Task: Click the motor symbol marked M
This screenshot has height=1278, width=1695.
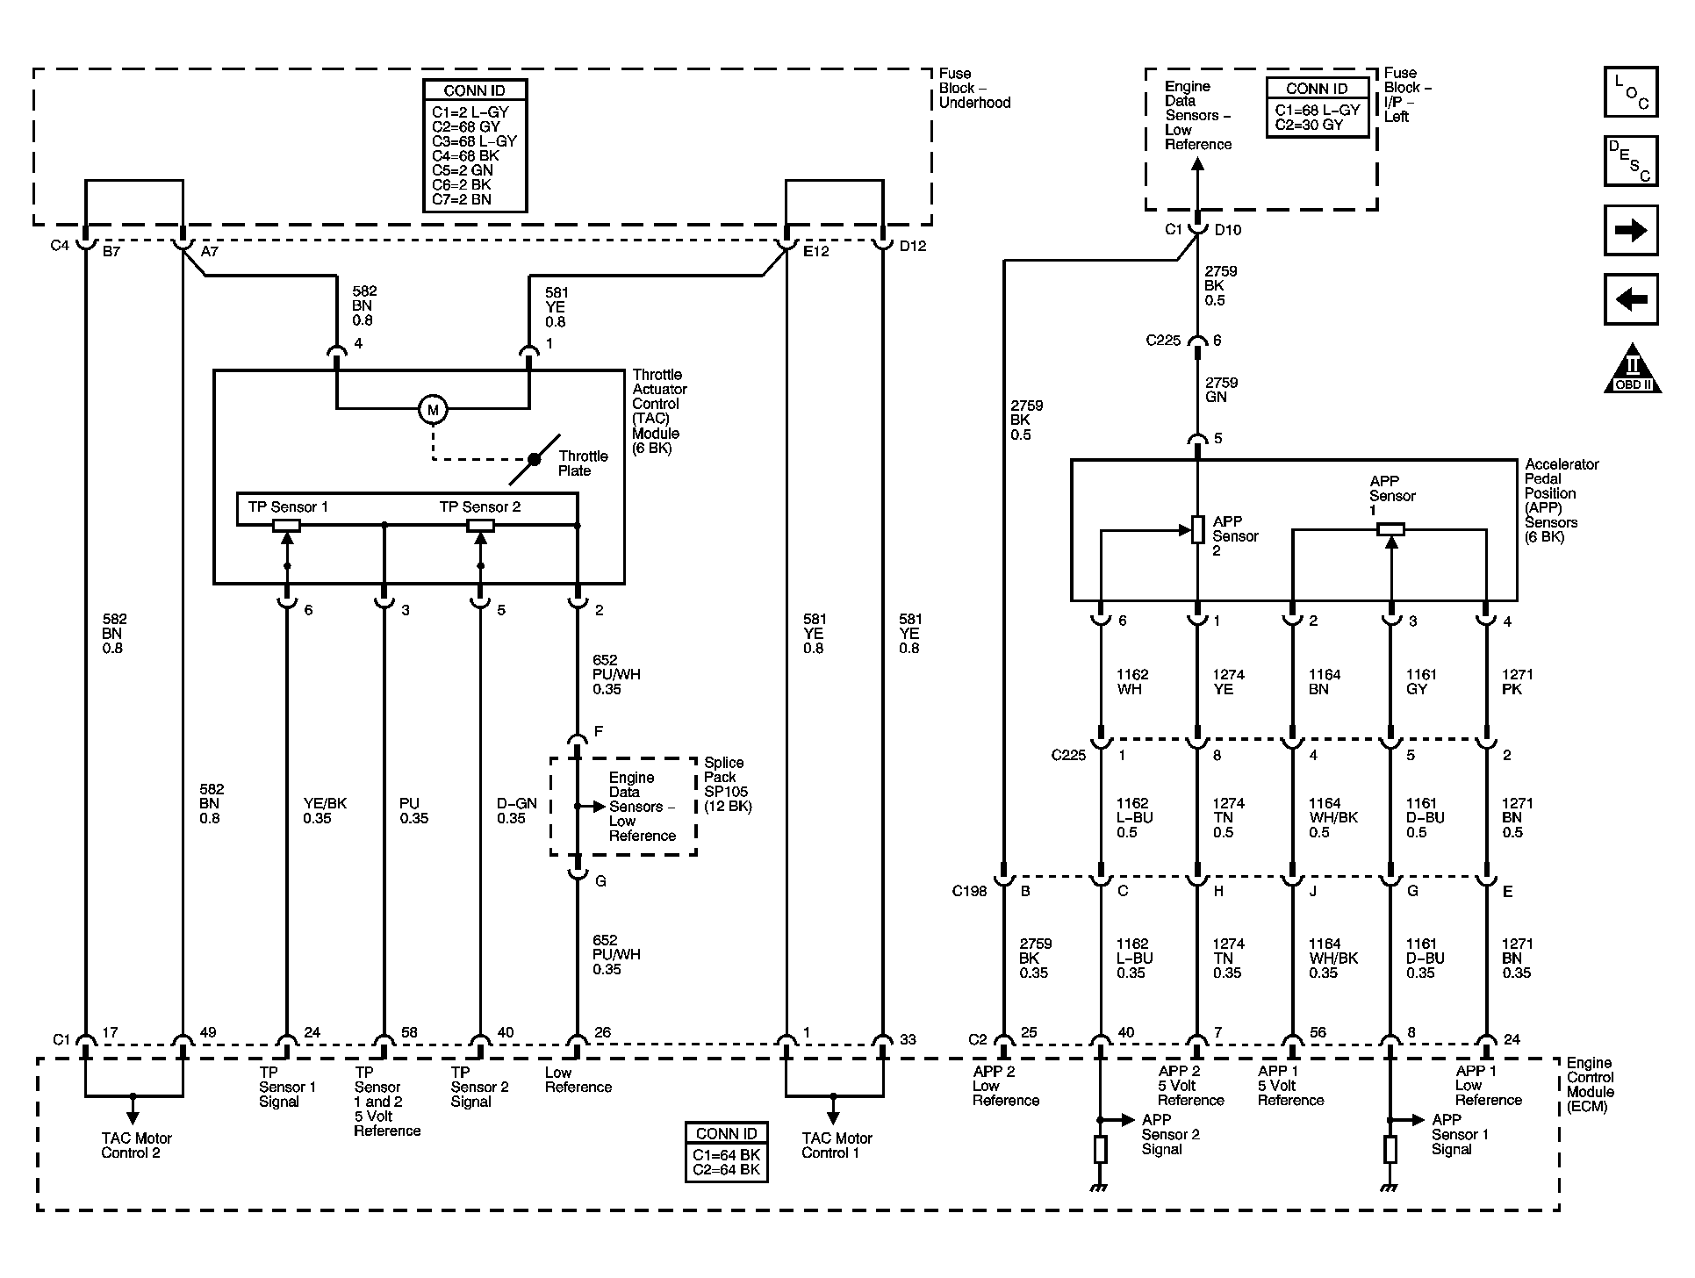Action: [432, 409]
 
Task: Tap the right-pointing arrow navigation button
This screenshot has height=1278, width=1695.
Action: [1630, 231]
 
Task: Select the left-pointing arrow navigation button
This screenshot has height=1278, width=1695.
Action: [1630, 300]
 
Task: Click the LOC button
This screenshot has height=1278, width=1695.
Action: [1630, 92]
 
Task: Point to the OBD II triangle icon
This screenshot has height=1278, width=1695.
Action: [1632, 370]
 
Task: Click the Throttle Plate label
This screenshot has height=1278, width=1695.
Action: [582, 463]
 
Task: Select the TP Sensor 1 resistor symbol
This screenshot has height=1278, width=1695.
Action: [286, 526]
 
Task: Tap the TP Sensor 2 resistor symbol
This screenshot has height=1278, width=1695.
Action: [479, 526]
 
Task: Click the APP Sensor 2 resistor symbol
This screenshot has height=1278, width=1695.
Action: [1197, 529]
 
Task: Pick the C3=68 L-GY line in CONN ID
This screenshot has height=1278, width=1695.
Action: [474, 141]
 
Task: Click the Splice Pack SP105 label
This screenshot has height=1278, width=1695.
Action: [728, 785]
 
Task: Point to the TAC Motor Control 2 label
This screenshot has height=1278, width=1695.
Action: [136, 1145]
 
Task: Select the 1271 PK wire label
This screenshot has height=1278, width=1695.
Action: [1517, 682]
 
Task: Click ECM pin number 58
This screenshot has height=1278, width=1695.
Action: [408, 1033]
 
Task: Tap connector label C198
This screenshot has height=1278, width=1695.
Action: [969, 892]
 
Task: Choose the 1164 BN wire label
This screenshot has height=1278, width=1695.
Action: [1324, 682]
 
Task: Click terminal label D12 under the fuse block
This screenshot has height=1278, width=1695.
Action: [912, 247]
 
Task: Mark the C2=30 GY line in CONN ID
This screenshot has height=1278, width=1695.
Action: [1309, 125]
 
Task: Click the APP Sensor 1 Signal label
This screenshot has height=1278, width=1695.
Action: [1459, 1134]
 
